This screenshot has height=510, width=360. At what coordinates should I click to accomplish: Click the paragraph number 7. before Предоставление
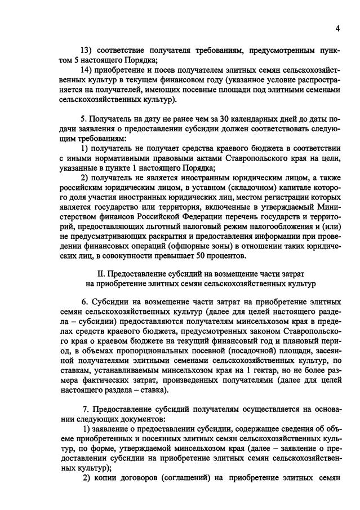point(86,410)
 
